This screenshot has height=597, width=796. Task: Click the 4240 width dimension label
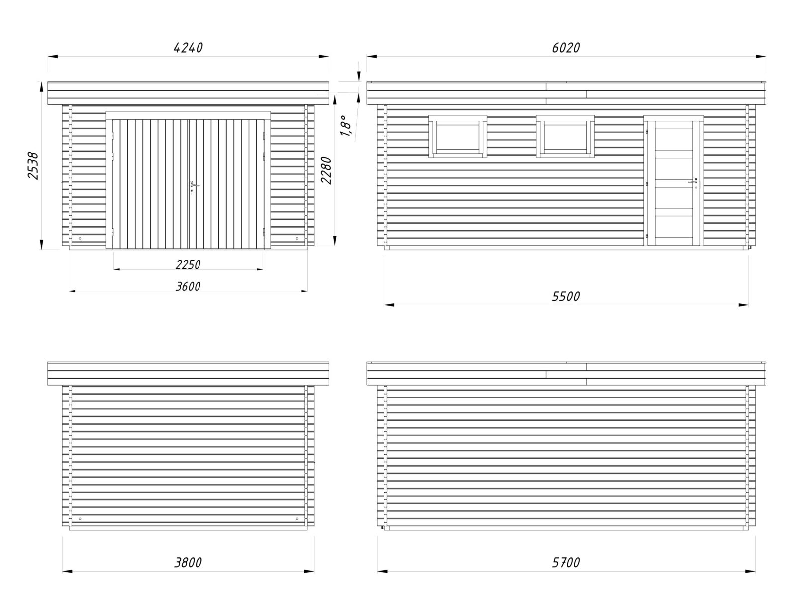coord(188,48)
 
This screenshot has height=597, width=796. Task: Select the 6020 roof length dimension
coord(566,48)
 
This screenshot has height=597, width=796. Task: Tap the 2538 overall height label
coord(33,166)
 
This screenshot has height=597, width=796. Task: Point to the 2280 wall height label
coord(326,170)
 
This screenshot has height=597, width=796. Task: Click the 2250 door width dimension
coord(188,264)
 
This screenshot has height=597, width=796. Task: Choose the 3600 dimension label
coord(188,286)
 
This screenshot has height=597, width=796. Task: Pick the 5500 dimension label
coord(566,297)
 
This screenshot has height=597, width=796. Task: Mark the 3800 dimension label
coord(188,563)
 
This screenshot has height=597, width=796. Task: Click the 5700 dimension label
coord(566,563)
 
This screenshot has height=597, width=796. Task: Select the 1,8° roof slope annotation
coord(346,125)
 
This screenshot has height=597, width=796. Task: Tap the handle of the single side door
coord(693,184)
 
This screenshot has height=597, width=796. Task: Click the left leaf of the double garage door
coord(150,184)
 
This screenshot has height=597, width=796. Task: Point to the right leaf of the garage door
coord(226,184)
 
